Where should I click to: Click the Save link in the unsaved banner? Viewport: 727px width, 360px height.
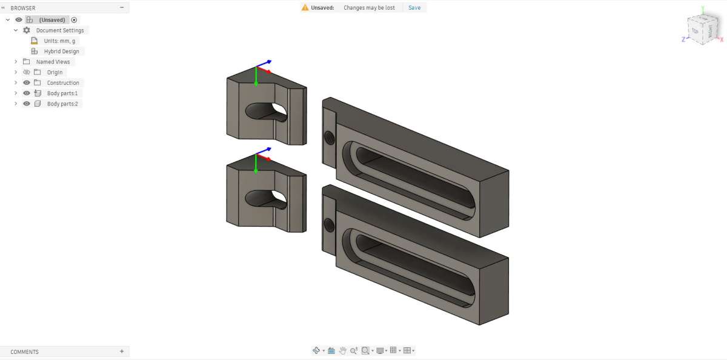(x=414, y=8)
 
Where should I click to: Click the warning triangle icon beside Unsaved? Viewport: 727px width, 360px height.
(x=305, y=7)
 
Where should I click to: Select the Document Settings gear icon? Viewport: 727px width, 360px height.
(x=27, y=30)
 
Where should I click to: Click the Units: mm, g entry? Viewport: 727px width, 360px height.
(x=59, y=41)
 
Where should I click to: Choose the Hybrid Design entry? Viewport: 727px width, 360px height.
(x=61, y=52)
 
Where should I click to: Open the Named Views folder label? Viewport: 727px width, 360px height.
(x=53, y=62)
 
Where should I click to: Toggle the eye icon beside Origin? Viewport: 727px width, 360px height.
(x=27, y=72)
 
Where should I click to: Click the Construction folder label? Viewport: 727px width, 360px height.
(x=63, y=83)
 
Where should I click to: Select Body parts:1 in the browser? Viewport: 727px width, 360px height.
(x=62, y=93)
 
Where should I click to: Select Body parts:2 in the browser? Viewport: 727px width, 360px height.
(x=62, y=104)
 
